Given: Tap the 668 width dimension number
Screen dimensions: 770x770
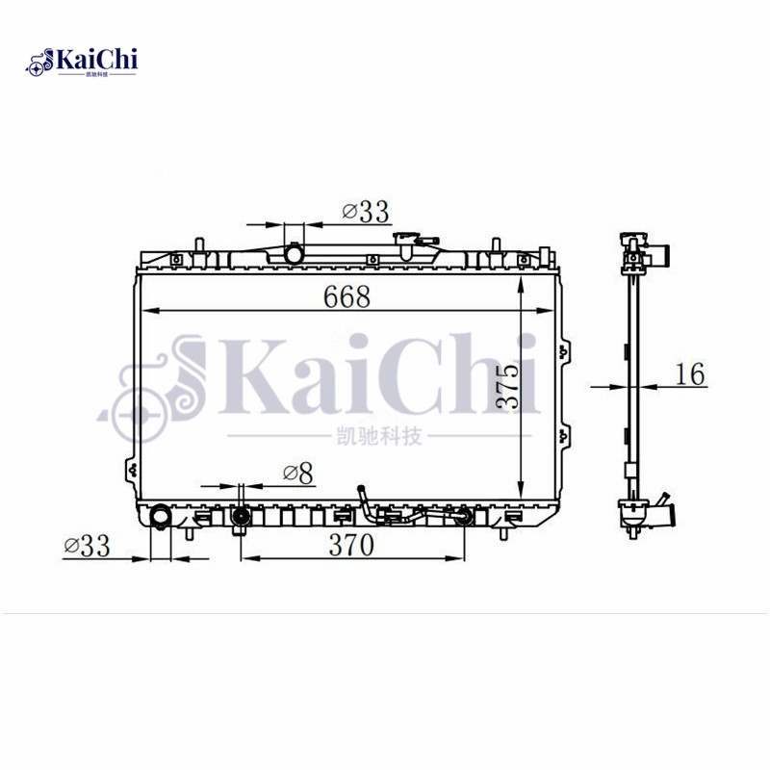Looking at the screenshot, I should tap(346, 297).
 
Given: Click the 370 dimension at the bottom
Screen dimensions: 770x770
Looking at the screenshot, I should tap(350, 545).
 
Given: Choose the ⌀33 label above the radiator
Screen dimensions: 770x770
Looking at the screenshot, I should tap(364, 212).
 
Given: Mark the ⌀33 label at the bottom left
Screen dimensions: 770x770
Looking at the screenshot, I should tap(87, 546).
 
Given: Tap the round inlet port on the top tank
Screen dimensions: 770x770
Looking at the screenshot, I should tap(294, 254).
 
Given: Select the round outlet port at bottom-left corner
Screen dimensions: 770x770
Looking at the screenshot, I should tap(161, 518).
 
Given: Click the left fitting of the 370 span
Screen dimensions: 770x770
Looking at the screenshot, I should tap(240, 519).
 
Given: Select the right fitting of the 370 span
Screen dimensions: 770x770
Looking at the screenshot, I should tap(465, 518).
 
